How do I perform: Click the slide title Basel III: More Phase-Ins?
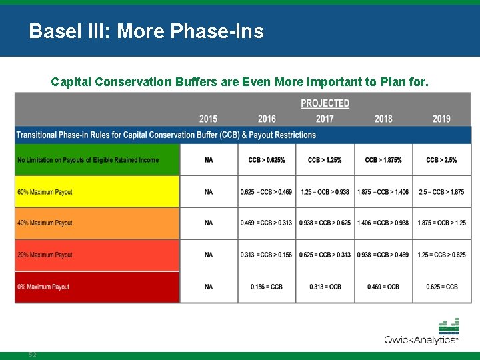pos(146,31)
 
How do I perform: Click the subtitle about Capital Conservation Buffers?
pos(240,82)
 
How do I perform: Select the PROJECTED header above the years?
pos(325,103)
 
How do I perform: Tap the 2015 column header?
pos(208,119)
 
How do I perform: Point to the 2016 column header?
pos(267,119)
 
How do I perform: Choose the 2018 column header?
pos(383,119)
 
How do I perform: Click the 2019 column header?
pos(441,119)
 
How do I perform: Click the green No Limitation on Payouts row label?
pos(88,160)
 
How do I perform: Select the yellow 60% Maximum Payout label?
pos(45,192)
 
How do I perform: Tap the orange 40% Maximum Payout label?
pos(45,223)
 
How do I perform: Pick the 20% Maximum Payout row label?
pos(45,255)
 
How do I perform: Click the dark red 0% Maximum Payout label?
pos(43,287)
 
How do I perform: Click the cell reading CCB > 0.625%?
pos(267,160)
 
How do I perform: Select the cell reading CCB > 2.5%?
pos(441,160)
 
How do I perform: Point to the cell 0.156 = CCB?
pos(267,287)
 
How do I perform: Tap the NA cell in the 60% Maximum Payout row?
pos(209,192)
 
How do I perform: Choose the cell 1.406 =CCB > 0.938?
pos(383,223)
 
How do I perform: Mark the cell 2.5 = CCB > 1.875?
pos(441,192)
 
